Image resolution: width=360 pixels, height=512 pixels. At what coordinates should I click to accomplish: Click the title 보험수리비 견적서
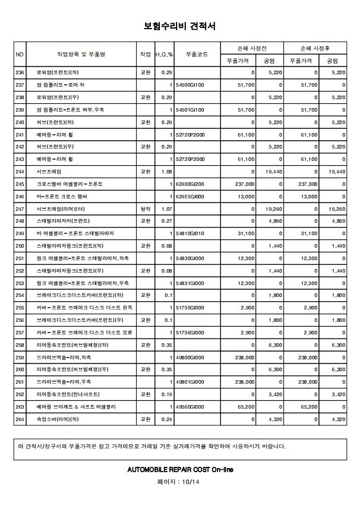point(179,26)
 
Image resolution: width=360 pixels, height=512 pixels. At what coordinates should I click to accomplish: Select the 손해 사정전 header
point(252,48)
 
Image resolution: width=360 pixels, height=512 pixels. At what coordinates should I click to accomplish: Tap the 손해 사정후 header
point(315,48)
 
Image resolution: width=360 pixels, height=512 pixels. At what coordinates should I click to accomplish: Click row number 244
point(20,172)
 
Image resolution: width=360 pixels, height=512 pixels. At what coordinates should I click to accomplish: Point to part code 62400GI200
point(190,184)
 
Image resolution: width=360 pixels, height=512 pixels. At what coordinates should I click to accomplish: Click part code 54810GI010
point(190,234)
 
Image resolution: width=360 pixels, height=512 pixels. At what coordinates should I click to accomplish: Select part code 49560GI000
point(190,407)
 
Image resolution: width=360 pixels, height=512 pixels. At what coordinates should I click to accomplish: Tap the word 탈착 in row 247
point(145,209)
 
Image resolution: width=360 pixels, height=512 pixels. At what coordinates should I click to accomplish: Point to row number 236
point(20,72)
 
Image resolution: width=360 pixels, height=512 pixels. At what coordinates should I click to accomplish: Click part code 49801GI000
point(190,382)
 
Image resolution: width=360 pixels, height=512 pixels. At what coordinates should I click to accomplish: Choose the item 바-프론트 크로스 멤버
point(62,197)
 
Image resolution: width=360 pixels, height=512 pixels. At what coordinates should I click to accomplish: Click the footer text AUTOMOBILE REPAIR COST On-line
point(179,469)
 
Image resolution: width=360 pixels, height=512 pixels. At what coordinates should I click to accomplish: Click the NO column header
point(20,54)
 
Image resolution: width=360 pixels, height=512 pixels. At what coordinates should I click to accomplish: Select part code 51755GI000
point(190,308)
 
